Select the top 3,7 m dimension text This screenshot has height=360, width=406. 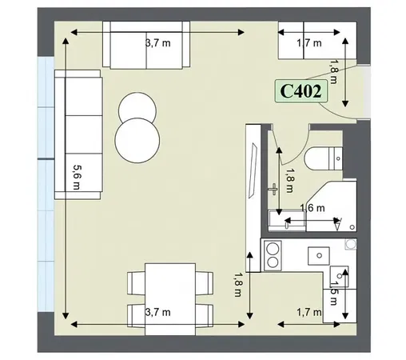(x=157, y=43)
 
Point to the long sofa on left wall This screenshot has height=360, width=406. (x=78, y=134)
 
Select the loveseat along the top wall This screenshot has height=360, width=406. (x=149, y=46)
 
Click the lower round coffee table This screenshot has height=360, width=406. (x=136, y=138)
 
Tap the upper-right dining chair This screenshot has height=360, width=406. (x=204, y=282)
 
